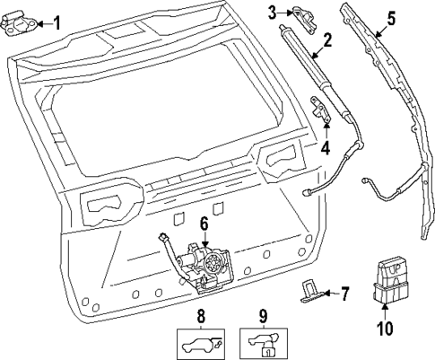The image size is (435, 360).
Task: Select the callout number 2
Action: (328, 40)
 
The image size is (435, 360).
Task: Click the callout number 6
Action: (204, 223)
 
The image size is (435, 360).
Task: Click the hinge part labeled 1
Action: (21, 26)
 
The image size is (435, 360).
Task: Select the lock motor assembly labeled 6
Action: (204, 266)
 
